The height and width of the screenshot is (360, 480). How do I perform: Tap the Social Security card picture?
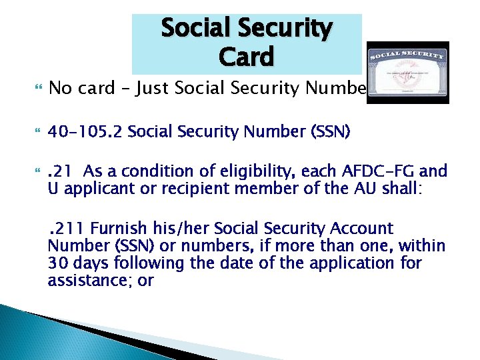tap(408, 73)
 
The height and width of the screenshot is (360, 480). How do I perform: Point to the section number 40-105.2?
tap(85, 132)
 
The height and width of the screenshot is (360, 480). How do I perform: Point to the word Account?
tap(364, 229)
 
